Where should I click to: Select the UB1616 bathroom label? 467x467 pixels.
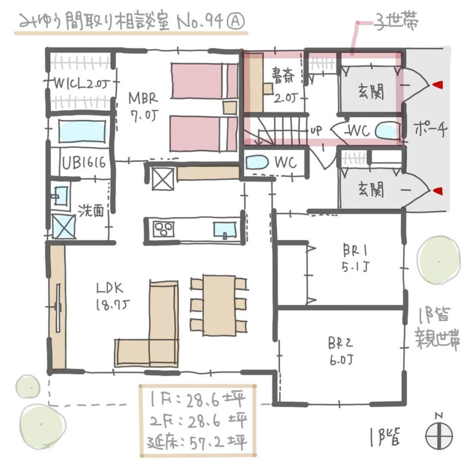(83, 162)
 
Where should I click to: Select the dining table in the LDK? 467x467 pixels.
(219, 305)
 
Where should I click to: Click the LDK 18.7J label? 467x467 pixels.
(113, 297)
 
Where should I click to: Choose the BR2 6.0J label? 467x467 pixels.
(342, 350)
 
